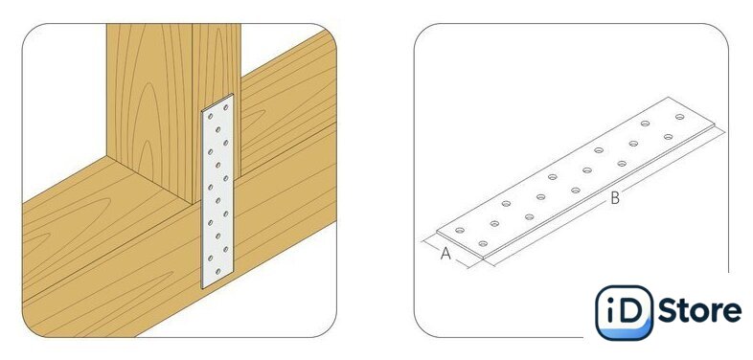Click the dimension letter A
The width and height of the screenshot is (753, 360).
tap(445, 254)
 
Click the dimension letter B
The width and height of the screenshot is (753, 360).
tap(615, 198)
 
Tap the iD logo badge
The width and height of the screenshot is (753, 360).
tap(624, 312)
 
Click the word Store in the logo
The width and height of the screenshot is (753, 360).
tap(699, 311)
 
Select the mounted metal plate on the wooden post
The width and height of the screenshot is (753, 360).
tap(217, 191)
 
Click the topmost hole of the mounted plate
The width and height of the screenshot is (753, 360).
tap(225, 107)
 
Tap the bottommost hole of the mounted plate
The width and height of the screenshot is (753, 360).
tap(217, 272)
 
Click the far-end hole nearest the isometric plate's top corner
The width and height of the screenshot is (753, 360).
tap(679, 117)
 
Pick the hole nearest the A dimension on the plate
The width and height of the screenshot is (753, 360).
tap(460, 231)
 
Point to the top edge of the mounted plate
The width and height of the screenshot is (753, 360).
tap(217, 102)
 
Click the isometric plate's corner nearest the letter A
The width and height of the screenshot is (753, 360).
tap(437, 234)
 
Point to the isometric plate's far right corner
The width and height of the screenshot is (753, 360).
tap(715, 128)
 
